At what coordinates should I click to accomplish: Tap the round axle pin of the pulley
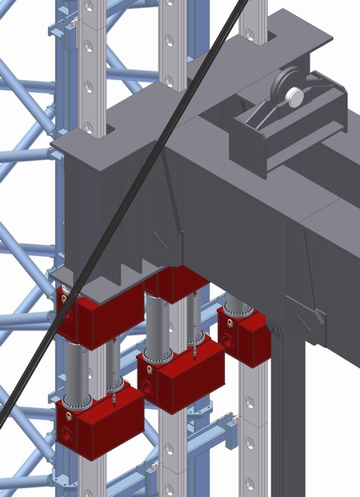point(294,97)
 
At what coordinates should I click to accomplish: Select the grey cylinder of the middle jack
point(158,328)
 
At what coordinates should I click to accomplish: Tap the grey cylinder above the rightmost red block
point(237,303)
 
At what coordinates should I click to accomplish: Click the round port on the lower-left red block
point(65,433)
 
